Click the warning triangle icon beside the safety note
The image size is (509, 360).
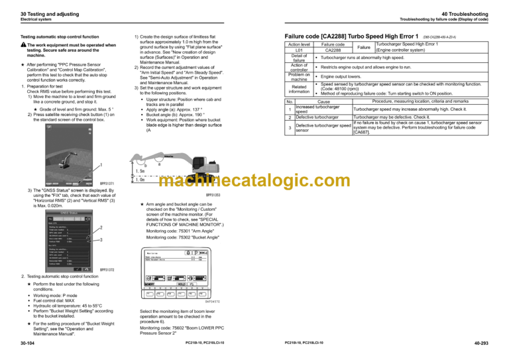(x=23, y=44)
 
